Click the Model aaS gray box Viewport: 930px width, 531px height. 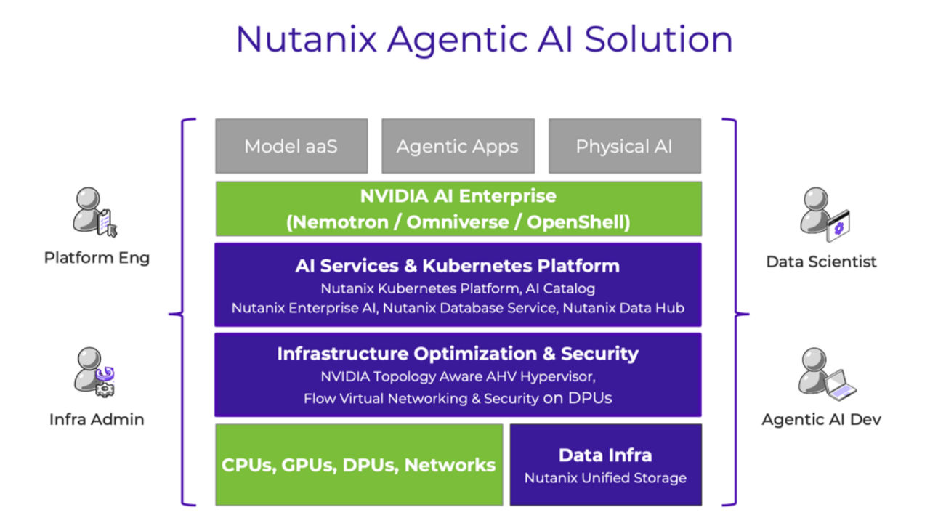291,146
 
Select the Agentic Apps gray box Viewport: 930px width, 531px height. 458,146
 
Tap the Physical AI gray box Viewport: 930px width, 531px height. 624,146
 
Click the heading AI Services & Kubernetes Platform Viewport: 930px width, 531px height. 458,266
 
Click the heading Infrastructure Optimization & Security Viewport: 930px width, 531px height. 458,354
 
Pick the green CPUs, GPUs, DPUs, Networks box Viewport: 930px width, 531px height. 359,465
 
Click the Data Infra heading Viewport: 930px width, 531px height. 605,455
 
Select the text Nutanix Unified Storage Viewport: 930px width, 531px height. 605,478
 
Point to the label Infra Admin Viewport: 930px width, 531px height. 97,419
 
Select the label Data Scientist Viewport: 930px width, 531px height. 822,262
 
